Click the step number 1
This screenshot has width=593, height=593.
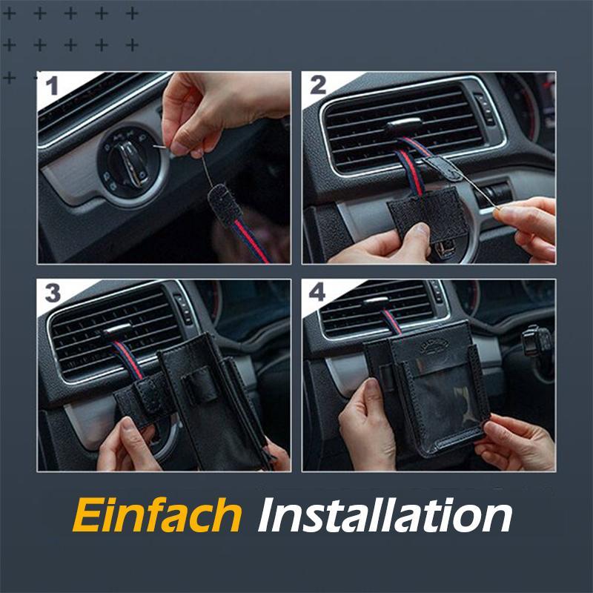click(52, 87)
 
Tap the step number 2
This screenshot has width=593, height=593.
click(317, 86)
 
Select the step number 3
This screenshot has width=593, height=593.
click(53, 292)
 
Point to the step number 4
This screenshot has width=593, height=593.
click(317, 292)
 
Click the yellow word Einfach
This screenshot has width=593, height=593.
click(156, 514)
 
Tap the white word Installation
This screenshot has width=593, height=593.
click(385, 514)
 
